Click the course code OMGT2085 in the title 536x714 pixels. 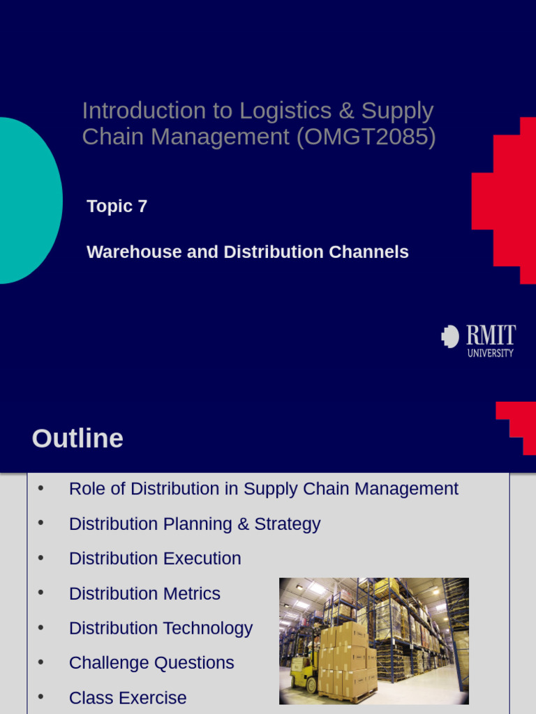pos(366,137)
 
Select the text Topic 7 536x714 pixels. pos(117,206)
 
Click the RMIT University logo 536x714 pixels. pos(478,340)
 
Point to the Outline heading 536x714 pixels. pos(77,439)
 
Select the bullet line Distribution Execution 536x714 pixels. pos(155,559)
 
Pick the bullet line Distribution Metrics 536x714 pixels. pos(144,593)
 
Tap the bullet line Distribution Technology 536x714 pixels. pos(161,628)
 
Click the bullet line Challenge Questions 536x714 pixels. pos(151,663)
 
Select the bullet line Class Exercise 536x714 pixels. pos(128,698)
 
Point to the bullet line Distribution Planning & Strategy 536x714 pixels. pos(195,524)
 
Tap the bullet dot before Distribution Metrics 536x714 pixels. pos(40,593)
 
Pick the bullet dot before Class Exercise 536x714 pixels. pos(40,697)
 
